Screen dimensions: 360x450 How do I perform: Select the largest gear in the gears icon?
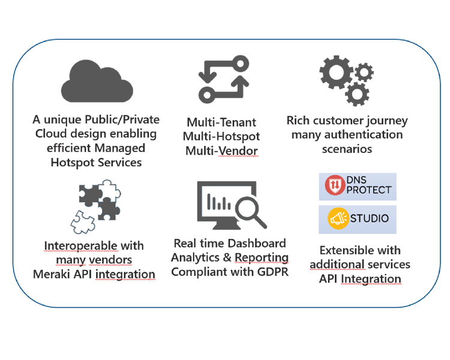pos(336,74)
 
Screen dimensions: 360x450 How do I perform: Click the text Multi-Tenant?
pos(221,122)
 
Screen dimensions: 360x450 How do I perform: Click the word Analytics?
pos(196,257)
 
